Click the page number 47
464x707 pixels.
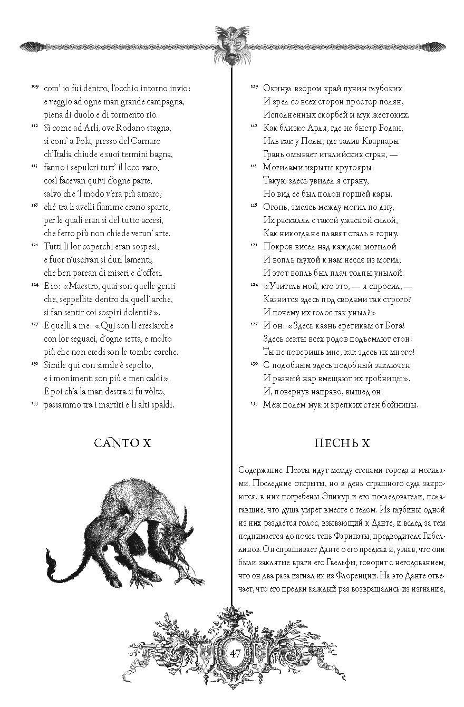tap(235, 653)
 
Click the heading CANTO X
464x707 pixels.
tap(122, 443)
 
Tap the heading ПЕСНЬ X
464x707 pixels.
tap(342, 443)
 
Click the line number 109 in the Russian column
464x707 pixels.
tap(254, 86)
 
